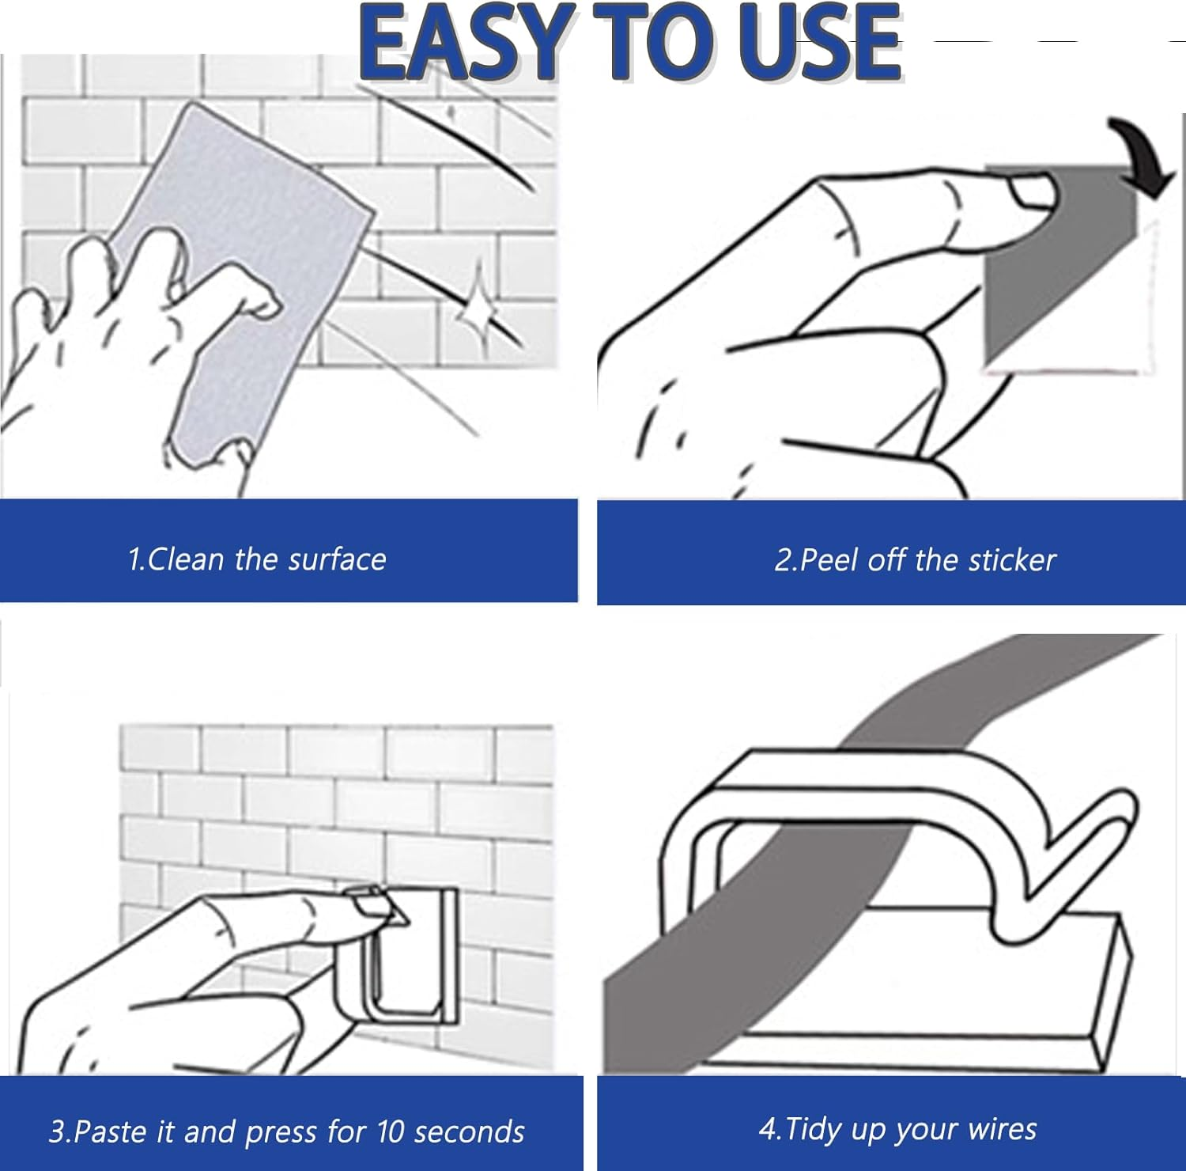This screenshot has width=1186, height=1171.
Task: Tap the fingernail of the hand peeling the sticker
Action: tap(1032, 191)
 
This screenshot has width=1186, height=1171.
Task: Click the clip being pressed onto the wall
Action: tap(399, 957)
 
